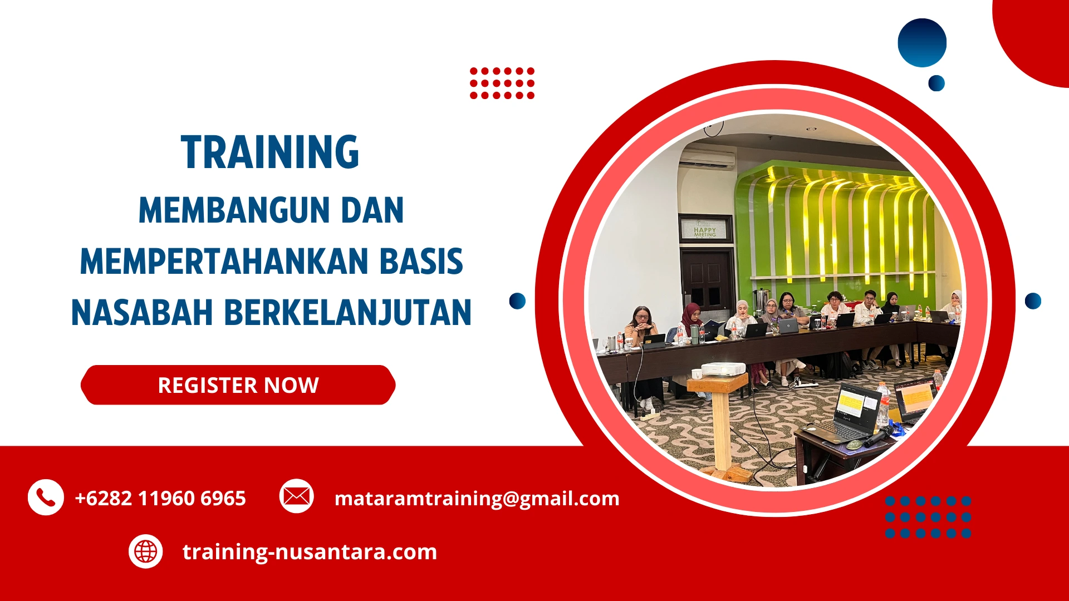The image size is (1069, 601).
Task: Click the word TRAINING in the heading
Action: [270, 152]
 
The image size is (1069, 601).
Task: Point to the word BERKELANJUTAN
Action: [347, 313]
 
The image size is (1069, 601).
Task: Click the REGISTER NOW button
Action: [238, 385]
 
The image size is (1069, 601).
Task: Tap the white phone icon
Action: [46, 497]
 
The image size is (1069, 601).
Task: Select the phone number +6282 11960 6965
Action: [160, 498]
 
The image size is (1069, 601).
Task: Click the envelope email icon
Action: [296, 496]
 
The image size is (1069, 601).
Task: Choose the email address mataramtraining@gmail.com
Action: [477, 498]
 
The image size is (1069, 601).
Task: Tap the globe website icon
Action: [146, 551]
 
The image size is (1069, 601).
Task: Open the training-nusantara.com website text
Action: [310, 551]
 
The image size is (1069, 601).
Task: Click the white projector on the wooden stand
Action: [723, 369]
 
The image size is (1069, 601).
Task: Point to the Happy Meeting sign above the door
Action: [705, 230]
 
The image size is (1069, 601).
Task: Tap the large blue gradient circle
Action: [922, 43]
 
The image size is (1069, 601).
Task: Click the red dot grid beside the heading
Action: [502, 83]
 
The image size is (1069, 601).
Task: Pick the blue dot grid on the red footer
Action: [928, 517]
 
